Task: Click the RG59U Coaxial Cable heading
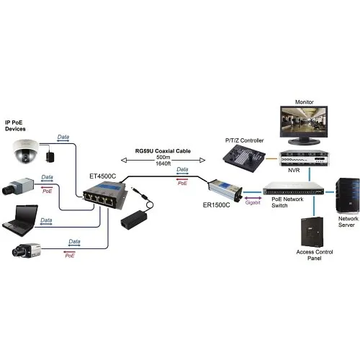click(163, 151)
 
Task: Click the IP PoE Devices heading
click(19, 127)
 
